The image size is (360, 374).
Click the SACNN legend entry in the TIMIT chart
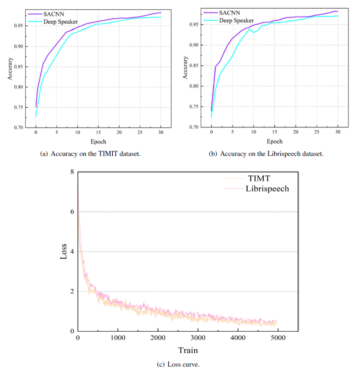(53, 14)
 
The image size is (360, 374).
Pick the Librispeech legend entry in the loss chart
(267, 189)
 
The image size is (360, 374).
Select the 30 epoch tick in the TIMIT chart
(161, 133)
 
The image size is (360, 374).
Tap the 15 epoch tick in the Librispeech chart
(274, 132)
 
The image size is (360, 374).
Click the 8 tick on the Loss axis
(71, 172)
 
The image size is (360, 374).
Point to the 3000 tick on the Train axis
(197, 339)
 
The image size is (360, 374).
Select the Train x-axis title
(188, 351)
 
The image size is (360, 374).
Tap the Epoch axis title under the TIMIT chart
(98, 142)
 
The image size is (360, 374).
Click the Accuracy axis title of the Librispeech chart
(186, 67)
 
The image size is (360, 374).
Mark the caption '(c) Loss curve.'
(180, 364)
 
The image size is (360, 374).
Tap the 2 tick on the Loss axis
(71, 291)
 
